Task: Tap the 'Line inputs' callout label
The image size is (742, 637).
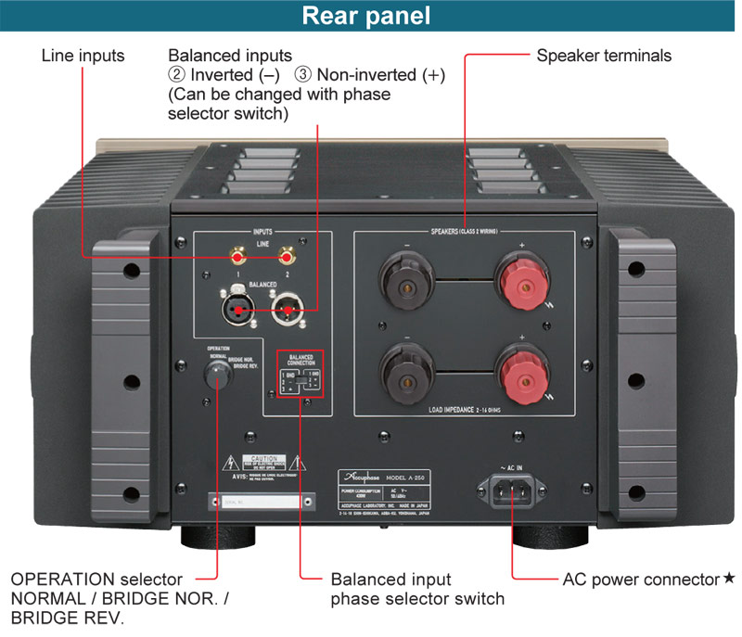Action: pos(83,56)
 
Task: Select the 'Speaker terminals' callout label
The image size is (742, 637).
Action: pos(604,56)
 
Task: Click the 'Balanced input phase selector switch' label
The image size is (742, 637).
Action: pos(417,589)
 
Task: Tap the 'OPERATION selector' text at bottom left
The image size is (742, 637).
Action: pos(96,580)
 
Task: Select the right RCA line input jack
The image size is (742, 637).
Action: pos(288,253)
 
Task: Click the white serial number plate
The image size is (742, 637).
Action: pos(254,503)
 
